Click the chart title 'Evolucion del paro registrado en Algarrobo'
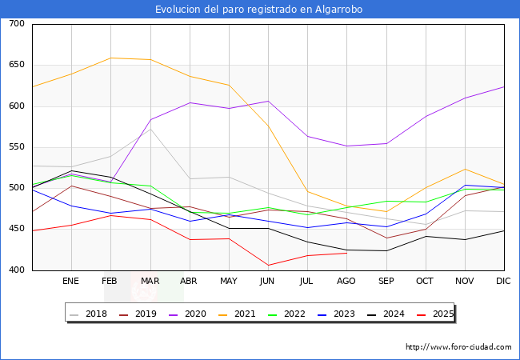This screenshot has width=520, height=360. [260, 10]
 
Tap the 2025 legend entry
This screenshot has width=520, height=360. [441, 314]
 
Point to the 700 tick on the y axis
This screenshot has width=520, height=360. [17, 24]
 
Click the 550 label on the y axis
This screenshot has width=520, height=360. [17, 147]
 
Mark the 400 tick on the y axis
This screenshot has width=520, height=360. [17, 270]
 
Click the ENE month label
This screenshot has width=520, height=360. [71, 282]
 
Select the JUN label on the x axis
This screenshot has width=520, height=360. [268, 282]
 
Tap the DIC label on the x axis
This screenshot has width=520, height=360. [503, 282]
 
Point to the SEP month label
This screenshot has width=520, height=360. [386, 282]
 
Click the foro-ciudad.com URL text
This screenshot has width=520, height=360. [458, 347]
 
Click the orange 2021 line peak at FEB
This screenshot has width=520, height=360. [111, 58]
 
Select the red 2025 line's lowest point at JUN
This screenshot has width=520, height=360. [268, 265]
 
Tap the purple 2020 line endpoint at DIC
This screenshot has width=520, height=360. [504, 86]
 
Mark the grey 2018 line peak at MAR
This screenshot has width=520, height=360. [150, 129]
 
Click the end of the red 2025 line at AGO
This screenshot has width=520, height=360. [346, 253]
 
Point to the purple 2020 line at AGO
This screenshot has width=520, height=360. [346, 146]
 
